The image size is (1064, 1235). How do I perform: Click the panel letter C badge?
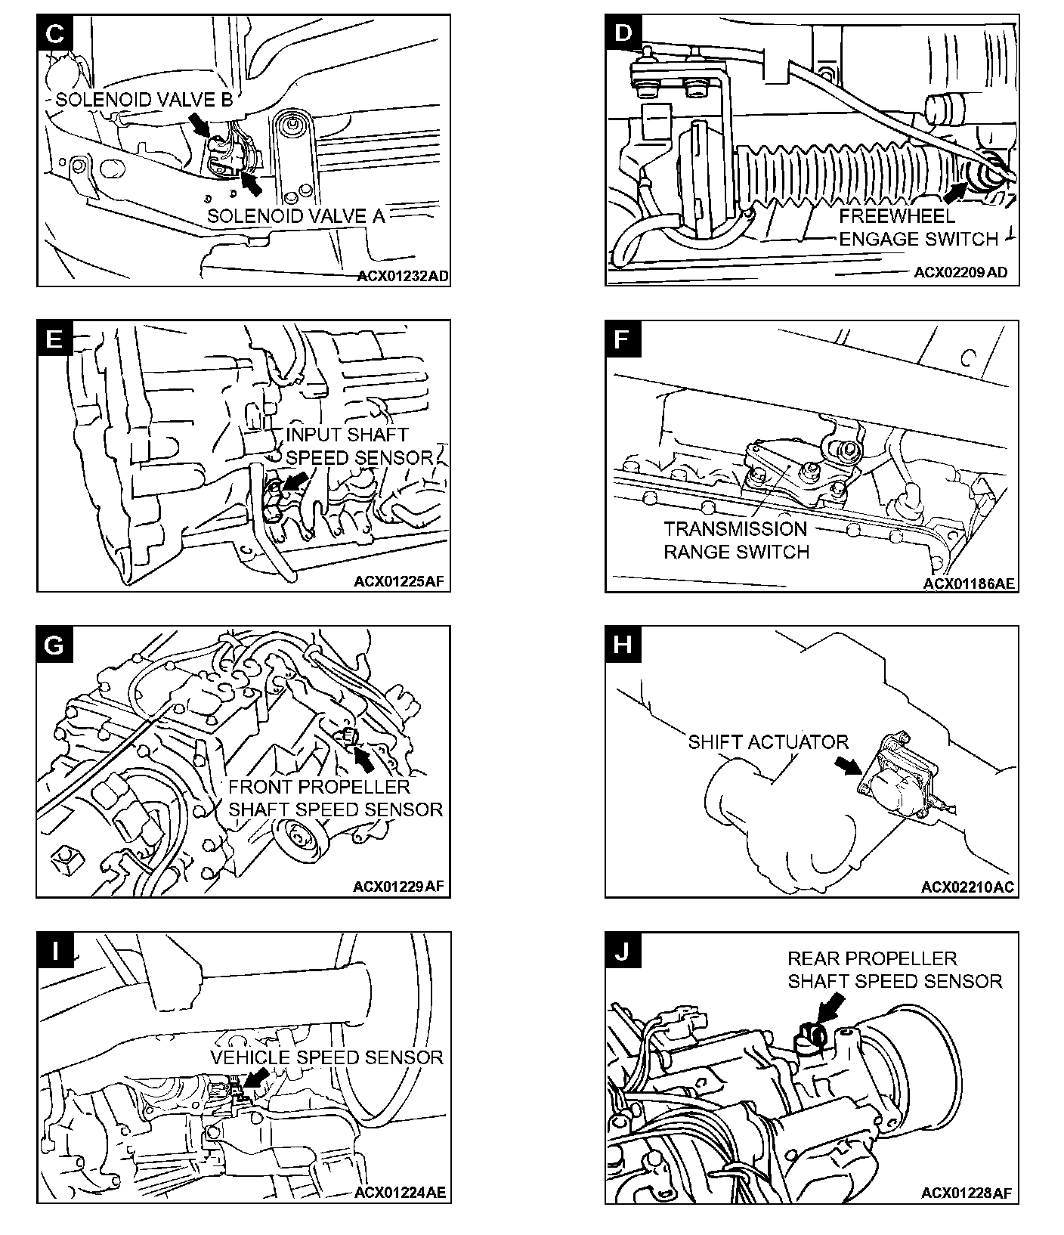coord(54,32)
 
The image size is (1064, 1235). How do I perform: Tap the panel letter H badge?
coord(622,645)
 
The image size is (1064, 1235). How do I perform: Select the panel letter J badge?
coord(622,951)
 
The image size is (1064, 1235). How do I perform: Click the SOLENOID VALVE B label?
coord(144,100)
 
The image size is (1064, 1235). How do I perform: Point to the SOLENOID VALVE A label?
coord(296,215)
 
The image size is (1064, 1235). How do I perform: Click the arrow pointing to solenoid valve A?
coord(252,181)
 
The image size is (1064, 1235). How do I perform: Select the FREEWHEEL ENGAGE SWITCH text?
coord(918,227)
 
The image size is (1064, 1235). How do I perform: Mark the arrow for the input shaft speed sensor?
coord(298,481)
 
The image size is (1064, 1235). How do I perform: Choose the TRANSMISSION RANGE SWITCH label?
coord(736,540)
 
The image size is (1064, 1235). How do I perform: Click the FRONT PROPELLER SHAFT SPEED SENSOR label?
coord(335,798)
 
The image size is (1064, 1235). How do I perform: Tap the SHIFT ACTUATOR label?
coord(768,742)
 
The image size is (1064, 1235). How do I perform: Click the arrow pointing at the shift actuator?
coord(848,766)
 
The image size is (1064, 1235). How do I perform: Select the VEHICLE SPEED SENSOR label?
coord(326,1057)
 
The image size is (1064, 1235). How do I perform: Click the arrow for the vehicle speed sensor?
coord(257,1078)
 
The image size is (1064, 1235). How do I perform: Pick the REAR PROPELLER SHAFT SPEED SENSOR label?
coord(894,970)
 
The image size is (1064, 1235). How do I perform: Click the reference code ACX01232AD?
coord(403,277)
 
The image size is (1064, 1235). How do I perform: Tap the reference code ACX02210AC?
coord(967,887)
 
